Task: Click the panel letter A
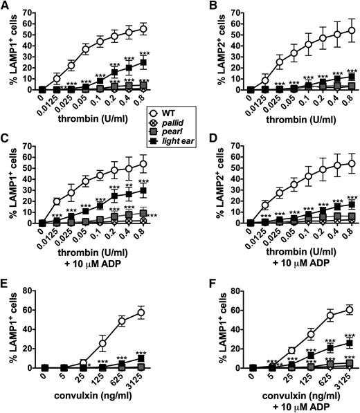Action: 6,6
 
